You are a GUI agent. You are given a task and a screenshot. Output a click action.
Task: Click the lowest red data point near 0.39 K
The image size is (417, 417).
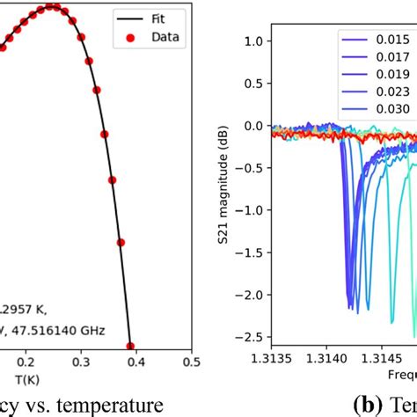[x=130, y=347]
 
